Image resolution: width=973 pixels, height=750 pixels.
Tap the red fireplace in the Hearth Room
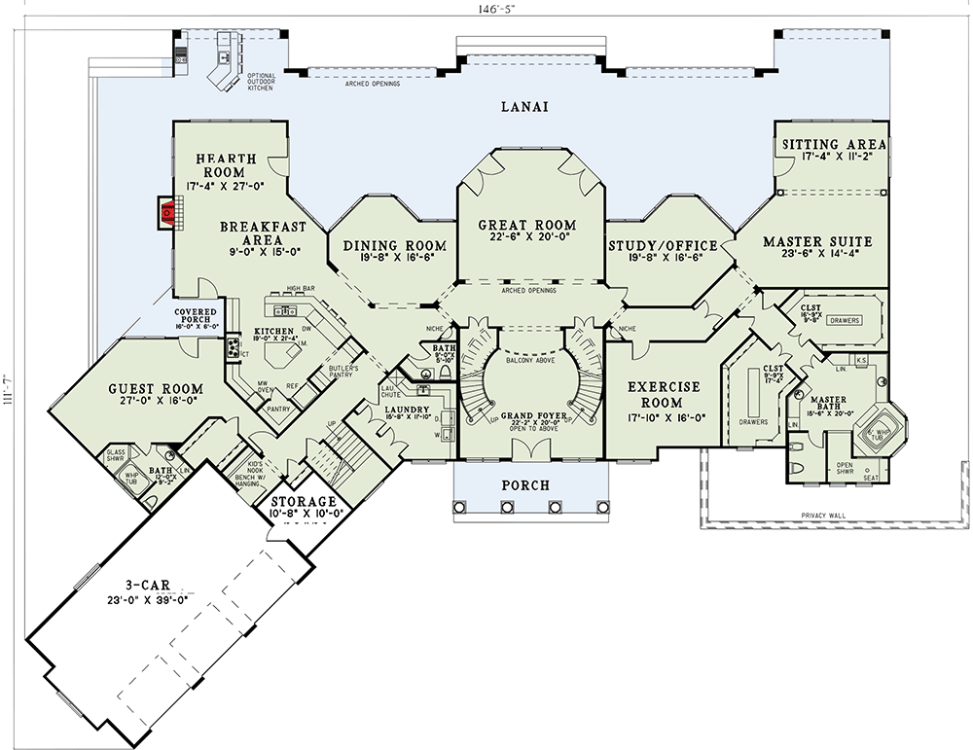tap(168, 211)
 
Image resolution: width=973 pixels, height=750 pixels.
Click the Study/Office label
tap(662, 245)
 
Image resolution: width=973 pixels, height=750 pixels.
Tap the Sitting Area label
tap(834, 145)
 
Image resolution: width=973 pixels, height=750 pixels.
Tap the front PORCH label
tap(524, 484)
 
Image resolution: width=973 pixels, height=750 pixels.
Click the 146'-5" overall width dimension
tap(485, 9)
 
